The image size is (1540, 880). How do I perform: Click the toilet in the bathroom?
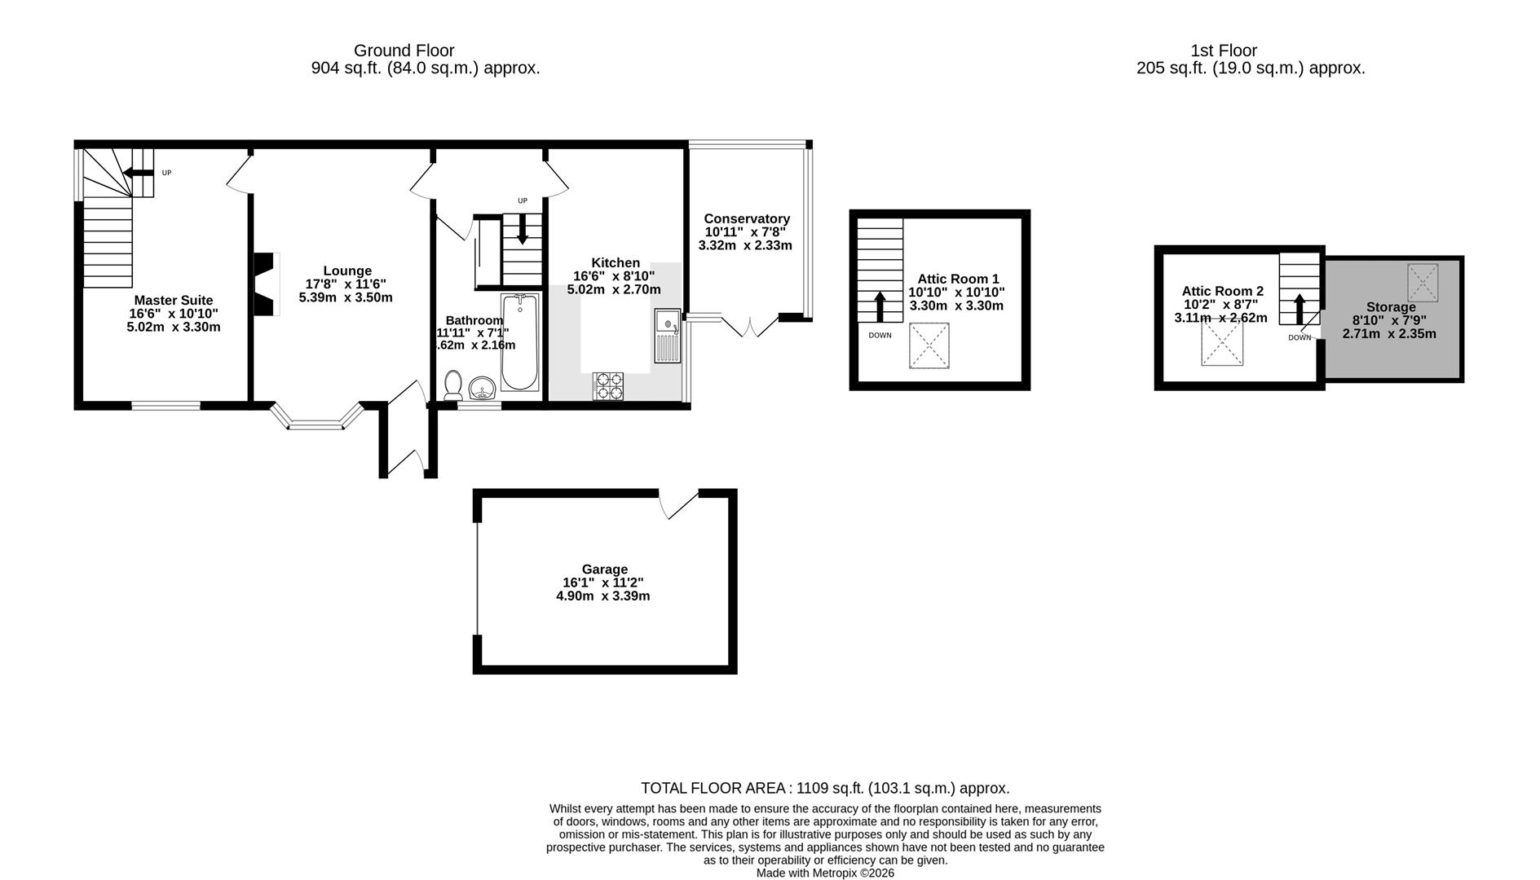[x=453, y=384]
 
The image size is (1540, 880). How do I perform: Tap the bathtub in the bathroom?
[x=519, y=343]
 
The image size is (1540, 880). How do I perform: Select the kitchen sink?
[x=667, y=336]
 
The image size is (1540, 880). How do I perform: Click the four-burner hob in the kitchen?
[x=607, y=386]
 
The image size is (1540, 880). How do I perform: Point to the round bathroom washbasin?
[x=483, y=388]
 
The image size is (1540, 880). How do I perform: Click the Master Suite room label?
[x=174, y=301]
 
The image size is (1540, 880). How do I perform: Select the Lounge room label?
[x=347, y=271]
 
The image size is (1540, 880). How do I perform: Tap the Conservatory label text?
[x=747, y=219]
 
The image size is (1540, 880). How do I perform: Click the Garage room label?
[x=604, y=570]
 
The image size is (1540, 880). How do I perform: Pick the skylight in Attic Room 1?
[x=929, y=345]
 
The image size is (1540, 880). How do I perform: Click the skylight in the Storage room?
[x=1423, y=283]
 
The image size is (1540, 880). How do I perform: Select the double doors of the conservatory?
[x=750, y=327]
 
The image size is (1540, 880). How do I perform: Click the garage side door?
[x=679, y=504]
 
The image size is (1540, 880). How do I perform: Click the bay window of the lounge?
[x=318, y=420]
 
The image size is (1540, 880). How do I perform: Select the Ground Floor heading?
[x=404, y=51]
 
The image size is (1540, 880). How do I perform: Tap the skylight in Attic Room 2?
[x=1221, y=345]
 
